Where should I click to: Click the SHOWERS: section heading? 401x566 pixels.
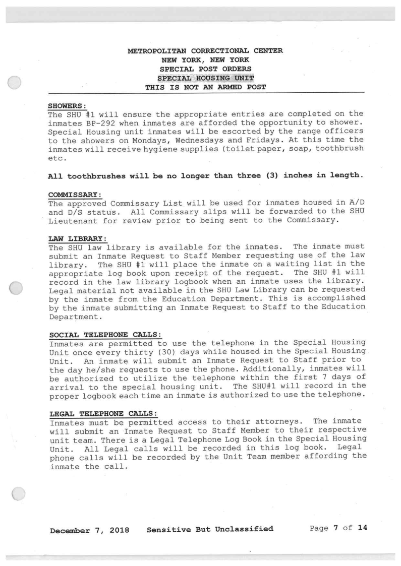[x=68, y=106]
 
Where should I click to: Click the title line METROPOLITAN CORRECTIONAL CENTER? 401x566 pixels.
[x=205, y=50]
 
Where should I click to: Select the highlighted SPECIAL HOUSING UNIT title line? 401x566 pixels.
[x=205, y=78]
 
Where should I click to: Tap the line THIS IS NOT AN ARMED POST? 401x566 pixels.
[x=205, y=87]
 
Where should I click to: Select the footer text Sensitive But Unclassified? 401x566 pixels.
[x=210, y=529]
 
